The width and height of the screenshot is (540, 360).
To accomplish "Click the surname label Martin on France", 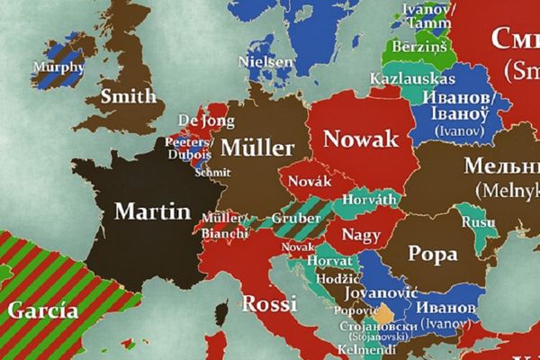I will tap(153, 212).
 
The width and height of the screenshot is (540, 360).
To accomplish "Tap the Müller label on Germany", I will tap(256, 148).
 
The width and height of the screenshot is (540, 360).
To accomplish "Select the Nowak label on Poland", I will tap(360, 139).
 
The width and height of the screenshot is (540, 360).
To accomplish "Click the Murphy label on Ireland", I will tap(58, 67).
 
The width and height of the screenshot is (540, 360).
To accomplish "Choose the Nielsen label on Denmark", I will tap(265, 62).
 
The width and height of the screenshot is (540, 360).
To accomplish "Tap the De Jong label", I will tap(199, 120).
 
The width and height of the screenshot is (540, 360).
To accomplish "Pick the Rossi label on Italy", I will tap(269, 302).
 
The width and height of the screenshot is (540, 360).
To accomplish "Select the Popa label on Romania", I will tap(433, 253).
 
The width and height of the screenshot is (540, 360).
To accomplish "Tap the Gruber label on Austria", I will tap(291, 220).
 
